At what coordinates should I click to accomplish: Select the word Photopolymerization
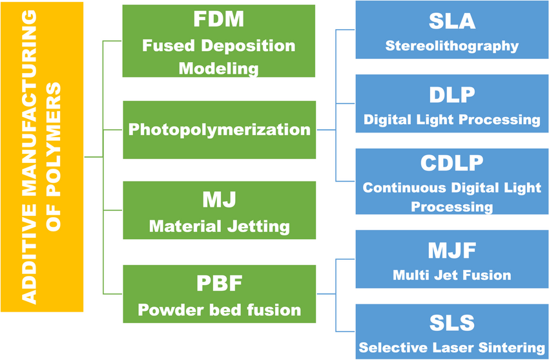pyautogui.click(x=219, y=129)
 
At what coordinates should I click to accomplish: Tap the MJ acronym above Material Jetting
pyautogui.click(x=219, y=200)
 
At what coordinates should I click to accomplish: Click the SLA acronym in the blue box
pyautogui.click(x=451, y=21)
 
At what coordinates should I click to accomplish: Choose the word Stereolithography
pyautogui.click(x=451, y=46)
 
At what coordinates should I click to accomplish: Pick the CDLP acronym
pyautogui.click(x=451, y=164)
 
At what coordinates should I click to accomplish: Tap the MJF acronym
pyautogui.click(x=451, y=249)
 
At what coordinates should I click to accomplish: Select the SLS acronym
pyautogui.click(x=451, y=323)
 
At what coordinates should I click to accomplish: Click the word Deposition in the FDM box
pyautogui.click(x=254, y=46)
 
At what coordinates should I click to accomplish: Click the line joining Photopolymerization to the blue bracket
pyautogui.click(x=326, y=130)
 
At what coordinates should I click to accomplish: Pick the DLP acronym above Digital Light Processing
pyautogui.click(x=451, y=95)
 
